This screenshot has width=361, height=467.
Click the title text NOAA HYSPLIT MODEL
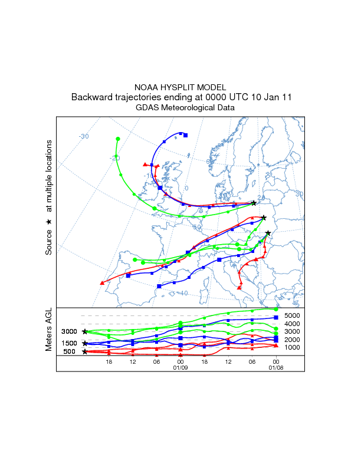(180, 87)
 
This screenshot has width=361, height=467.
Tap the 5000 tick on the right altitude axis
(293, 315)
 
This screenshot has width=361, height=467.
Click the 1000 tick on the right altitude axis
(293, 347)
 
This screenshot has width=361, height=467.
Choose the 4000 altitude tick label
(293, 324)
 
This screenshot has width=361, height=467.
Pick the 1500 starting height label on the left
(70, 343)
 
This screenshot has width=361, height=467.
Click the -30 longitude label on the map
(84, 137)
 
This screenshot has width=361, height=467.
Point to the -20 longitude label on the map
(114, 158)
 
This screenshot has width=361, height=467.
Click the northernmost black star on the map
(254, 203)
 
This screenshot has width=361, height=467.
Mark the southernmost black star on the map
(268, 233)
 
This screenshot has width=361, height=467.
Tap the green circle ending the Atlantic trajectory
(118, 139)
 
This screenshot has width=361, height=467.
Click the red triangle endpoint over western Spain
(103, 283)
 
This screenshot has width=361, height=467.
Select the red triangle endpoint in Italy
(239, 287)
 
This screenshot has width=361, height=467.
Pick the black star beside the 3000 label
(85, 332)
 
